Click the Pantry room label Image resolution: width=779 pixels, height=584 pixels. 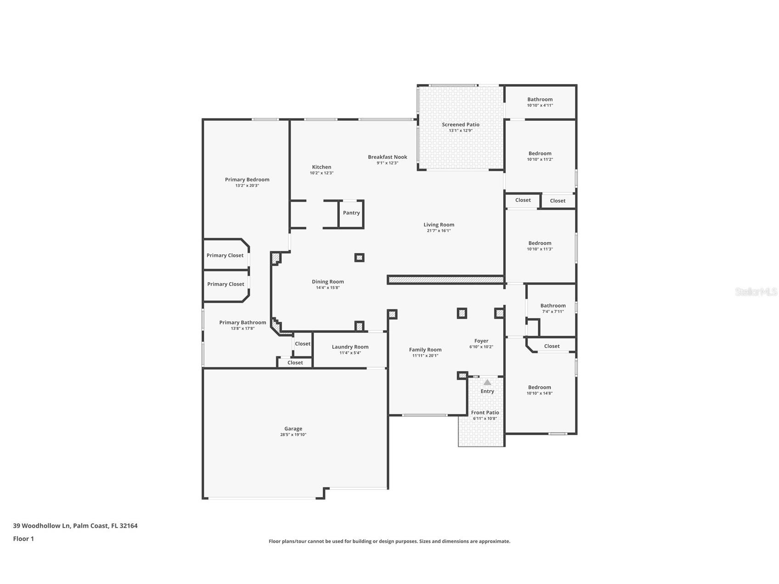(351, 213)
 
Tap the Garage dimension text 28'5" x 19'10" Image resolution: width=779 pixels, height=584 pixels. (293, 435)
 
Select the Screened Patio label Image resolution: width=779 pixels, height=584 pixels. (460, 125)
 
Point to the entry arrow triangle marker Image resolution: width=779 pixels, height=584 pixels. (487, 382)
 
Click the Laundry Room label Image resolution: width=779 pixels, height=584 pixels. (350, 347)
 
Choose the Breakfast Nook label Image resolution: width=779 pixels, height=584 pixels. (387, 157)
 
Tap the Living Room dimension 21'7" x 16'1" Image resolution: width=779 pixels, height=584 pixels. (438, 231)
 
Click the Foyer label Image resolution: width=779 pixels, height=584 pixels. (481, 341)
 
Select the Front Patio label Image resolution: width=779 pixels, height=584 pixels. (485, 413)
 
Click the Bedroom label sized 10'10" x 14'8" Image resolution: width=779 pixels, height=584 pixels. (539, 387)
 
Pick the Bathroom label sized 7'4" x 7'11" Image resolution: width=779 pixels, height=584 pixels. (553, 306)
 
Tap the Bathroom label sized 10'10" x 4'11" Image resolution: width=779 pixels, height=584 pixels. (540, 100)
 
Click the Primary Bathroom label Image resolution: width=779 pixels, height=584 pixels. (242, 323)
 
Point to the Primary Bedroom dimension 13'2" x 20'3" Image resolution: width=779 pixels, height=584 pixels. (247, 186)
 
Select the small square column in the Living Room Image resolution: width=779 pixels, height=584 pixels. (359, 258)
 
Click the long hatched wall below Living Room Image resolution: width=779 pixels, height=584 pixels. (445, 280)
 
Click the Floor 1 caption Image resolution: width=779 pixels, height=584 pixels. (23, 539)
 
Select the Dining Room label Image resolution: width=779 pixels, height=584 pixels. (327, 282)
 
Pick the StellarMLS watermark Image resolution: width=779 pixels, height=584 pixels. (756, 292)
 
